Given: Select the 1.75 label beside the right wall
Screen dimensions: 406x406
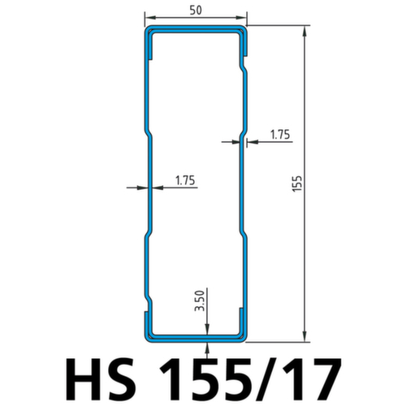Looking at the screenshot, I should tap(278, 135).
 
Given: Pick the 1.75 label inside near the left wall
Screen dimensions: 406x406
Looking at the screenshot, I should tap(184, 180).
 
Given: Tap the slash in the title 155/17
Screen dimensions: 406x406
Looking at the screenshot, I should tap(268, 377).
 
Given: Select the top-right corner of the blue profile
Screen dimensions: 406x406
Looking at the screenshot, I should tap(243, 32).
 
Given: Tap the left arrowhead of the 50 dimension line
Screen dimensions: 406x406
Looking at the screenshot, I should tap(149, 18).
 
